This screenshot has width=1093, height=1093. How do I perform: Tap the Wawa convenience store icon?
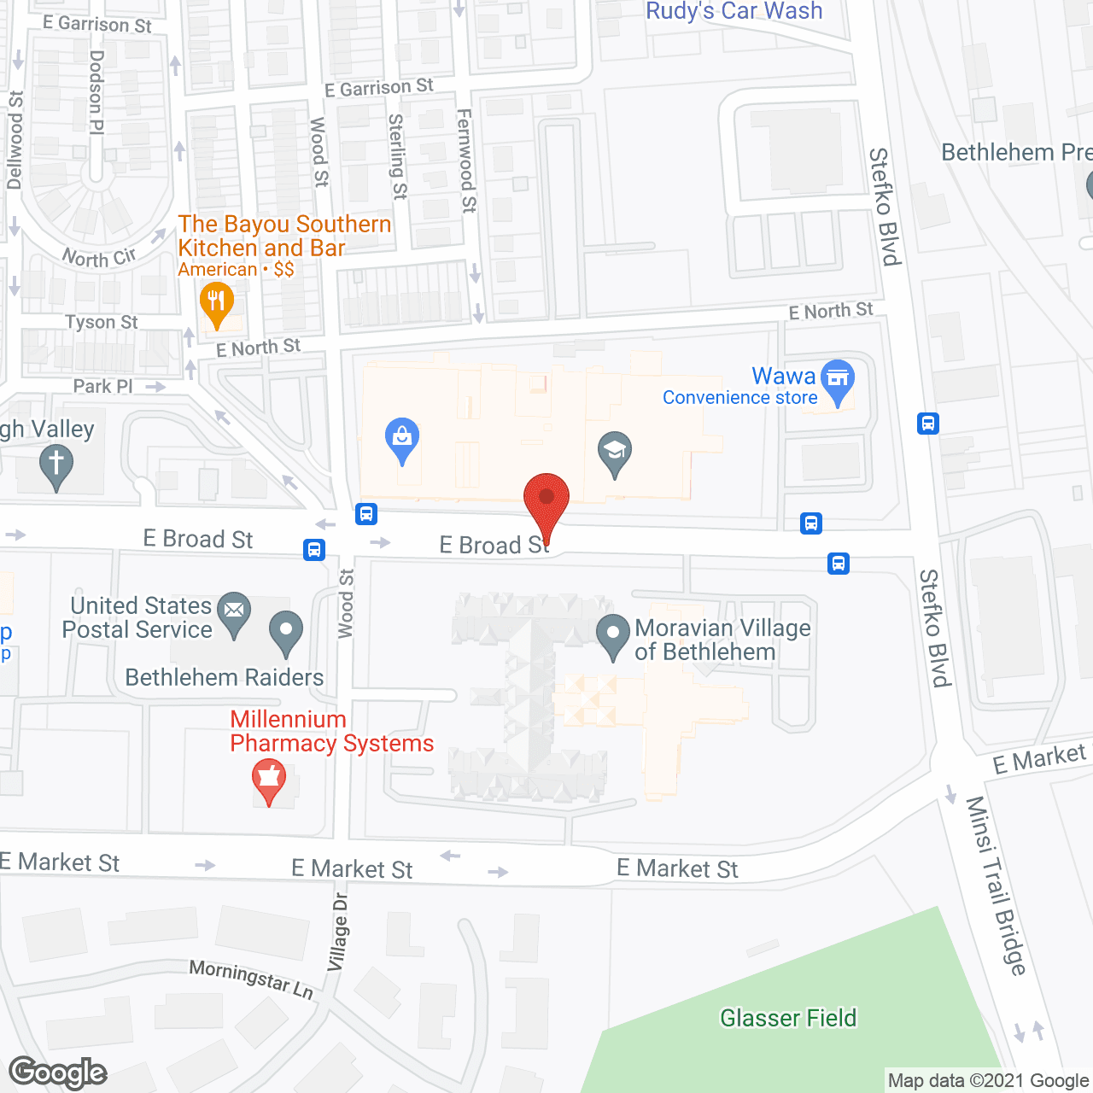tap(838, 380)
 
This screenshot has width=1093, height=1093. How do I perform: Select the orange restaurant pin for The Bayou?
tap(217, 304)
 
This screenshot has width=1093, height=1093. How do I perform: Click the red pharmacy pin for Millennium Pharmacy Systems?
tap(269, 780)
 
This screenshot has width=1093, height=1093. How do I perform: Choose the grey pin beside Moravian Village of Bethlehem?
tap(612, 635)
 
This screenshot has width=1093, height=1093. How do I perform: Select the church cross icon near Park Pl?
tap(56, 466)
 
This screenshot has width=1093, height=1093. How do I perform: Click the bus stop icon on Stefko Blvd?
tap(928, 423)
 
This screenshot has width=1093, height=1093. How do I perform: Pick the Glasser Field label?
tap(787, 1018)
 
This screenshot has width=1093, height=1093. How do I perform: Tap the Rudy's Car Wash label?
tap(734, 11)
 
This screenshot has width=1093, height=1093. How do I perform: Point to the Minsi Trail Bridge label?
tap(996, 886)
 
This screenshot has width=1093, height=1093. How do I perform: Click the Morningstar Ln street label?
tap(251, 979)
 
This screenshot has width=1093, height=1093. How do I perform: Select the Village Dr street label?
tap(339, 932)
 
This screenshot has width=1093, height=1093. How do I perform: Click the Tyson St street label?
tap(101, 322)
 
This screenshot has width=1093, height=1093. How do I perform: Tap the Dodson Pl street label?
tap(96, 91)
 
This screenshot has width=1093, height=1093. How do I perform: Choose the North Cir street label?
tap(99, 257)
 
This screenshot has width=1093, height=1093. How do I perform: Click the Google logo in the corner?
tap(58, 1073)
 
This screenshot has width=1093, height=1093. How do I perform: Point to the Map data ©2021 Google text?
tap(988, 1081)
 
